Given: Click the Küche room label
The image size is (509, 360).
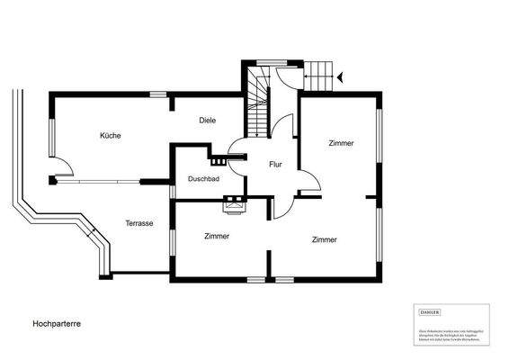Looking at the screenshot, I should point(110,135).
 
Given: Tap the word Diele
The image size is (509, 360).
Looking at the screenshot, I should point(207,120).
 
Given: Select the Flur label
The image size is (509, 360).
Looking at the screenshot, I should point(276,165).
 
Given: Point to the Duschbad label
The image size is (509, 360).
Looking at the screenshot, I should point(203,179).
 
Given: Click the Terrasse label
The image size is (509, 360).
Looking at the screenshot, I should point(139,222).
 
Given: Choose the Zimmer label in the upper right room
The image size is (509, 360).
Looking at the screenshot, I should point(341,143).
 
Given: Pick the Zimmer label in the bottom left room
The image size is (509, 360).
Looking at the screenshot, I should point(217,236).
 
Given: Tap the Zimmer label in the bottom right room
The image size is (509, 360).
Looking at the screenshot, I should point(324,239).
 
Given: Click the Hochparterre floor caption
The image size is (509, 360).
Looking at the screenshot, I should point(57,321).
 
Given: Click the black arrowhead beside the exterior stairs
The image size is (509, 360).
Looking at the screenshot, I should point(341,78).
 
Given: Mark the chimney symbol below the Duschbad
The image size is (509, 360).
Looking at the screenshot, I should point(235,206).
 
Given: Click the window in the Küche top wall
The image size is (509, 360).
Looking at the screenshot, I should point(158,94).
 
